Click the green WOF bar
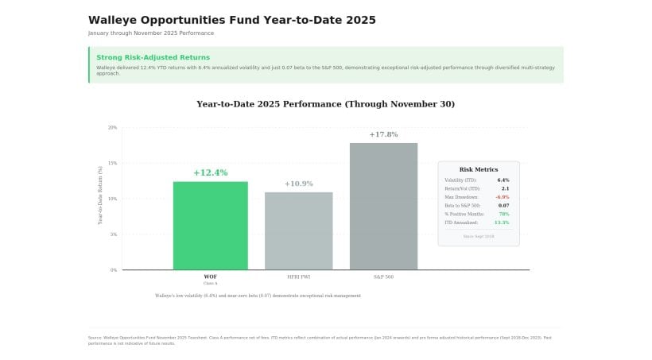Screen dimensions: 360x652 pos(210,226)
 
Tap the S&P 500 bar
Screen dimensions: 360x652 pos(383,206)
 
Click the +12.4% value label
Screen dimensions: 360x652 pos(210,172)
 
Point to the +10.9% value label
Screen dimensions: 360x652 pos(298,184)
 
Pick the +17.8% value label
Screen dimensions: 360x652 pos(383,134)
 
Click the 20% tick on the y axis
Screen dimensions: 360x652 pos(112,127)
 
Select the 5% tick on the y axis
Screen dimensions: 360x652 pos(113,234)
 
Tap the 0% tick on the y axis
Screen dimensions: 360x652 pos(113,270)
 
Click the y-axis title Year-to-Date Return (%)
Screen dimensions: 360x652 pos(100,195)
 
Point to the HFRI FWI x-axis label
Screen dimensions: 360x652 pos(298,277)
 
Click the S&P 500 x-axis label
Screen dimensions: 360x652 pos(383,277)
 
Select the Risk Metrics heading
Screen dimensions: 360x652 pos(479,169)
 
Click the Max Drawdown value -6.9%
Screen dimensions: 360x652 pos(502,197)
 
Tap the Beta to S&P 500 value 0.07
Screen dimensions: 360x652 pos(503,206)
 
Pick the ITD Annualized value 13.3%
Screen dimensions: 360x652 pos(501,223)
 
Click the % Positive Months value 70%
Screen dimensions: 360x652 pos(503,215)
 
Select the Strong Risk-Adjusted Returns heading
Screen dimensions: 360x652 pos(153,57)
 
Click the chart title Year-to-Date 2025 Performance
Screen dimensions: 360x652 pos(325,104)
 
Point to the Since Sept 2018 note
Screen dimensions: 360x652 pos(479,236)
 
